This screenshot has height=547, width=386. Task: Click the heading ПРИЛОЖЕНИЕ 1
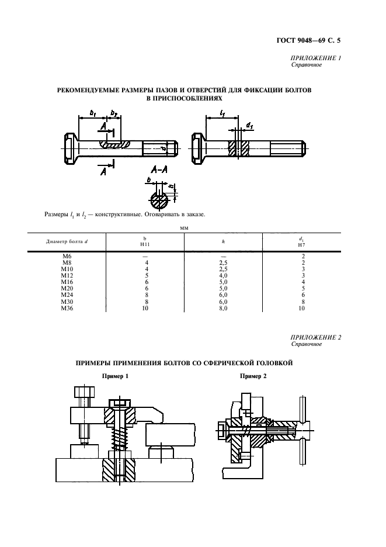[x=315, y=58]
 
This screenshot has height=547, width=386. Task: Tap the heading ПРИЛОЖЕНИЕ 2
[x=315, y=337]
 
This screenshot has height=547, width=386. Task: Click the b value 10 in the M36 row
[x=145, y=307]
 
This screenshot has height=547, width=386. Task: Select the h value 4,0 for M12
[x=223, y=276]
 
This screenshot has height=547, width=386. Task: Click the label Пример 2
[x=253, y=376]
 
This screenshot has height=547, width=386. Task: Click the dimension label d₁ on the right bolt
[x=249, y=124]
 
